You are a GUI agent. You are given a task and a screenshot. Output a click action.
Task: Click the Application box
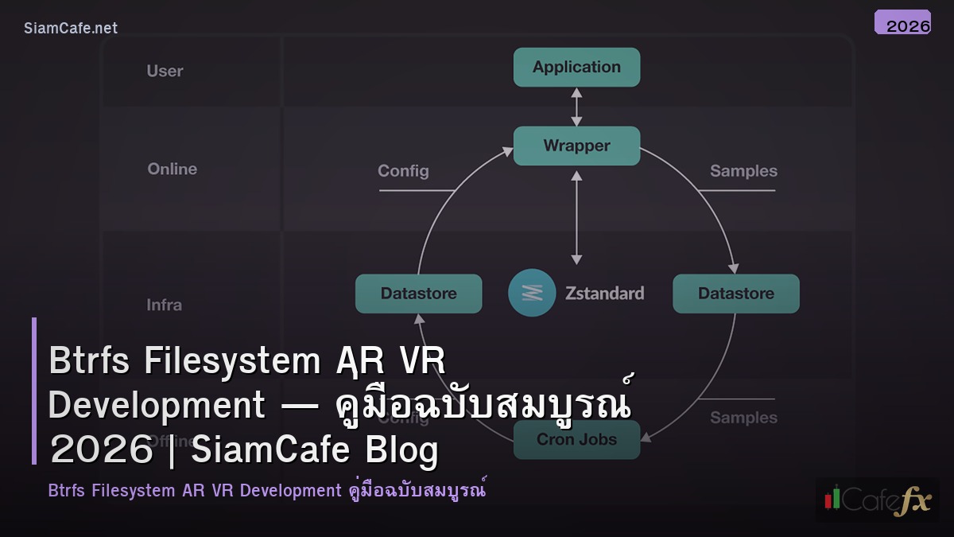click(576, 68)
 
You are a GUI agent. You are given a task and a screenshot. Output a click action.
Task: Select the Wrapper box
click(576, 146)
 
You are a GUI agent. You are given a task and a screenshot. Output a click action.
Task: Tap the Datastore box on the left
click(418, 294)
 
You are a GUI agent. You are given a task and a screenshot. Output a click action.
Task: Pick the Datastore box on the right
click(735, 294)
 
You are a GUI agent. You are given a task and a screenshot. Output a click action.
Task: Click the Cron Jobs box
click(576, 439)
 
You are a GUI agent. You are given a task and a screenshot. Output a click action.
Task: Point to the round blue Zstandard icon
click(532, 293)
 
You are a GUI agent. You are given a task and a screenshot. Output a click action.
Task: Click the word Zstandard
click(606, 293)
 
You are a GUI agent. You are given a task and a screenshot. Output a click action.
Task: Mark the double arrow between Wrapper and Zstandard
click(577, 216)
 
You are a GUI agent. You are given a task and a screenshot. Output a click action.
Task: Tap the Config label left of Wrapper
click(403, 171)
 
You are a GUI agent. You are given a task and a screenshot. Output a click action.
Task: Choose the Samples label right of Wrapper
click(743, 171)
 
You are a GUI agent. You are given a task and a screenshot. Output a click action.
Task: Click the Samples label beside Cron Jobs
click(743, 418)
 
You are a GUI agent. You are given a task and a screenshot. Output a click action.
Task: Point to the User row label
click(165, 71)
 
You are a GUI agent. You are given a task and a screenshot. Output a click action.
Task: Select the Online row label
click(172, 169)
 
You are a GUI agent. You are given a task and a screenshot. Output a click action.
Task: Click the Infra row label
click(164, 305)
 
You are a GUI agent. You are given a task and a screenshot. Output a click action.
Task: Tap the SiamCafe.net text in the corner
click(71, 28)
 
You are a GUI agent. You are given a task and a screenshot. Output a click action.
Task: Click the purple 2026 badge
click(902, 23)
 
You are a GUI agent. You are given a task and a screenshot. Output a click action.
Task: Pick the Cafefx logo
click(877, 500)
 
